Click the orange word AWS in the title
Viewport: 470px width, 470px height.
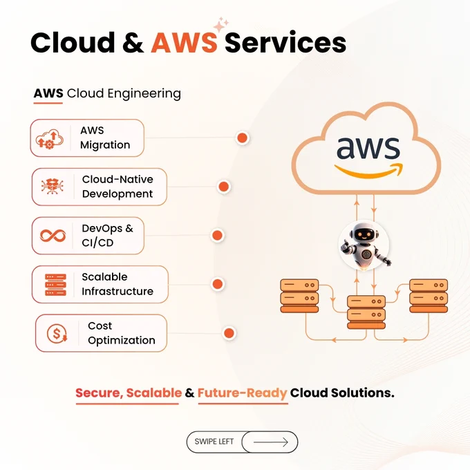pyautogui.click(x=184, y=42)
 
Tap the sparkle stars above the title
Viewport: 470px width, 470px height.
pyautogui.click(x=221, y=24)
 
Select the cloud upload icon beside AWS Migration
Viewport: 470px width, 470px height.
pyautogui.click(x=50, y=139)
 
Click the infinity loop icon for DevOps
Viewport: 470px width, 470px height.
pyautogui.click(x=53, y=236)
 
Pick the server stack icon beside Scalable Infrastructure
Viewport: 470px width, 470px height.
pyautogui.click(x=55, y=285)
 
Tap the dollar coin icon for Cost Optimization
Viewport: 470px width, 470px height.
pyautogui.click(x=57, y=333)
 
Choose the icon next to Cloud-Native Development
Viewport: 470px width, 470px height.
pyautogui.click(x=52, y=186)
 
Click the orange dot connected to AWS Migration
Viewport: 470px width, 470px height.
pyautogui.click(x=242, y=138)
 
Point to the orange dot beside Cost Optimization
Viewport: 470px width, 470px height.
pyautogui.click(x=229, y=333)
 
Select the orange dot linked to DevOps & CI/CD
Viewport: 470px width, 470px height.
pyautogui.click(x=217, y=235)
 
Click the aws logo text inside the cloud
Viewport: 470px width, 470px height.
pyautogui.click(x=368, y=148)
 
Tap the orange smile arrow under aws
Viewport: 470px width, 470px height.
pyautogui.click(x=368, y=171)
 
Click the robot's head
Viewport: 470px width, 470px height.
pyautogui.click(x=364, y=233)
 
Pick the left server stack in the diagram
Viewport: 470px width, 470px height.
pyautogui.click(x=299, y=296)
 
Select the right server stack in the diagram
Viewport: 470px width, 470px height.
pyautogui.click(x=429, y=296)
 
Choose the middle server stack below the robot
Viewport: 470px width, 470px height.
pyautogui.click(x=366, y=312)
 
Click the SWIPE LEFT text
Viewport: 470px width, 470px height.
pyautogui.click(x=214, y=442)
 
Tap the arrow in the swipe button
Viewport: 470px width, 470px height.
pyautogui.click(x=271, y=442)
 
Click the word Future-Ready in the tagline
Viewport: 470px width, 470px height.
pyautogui.click(x=242, y=393)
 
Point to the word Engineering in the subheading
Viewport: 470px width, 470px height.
pyautogui.click(x=144, y=94)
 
